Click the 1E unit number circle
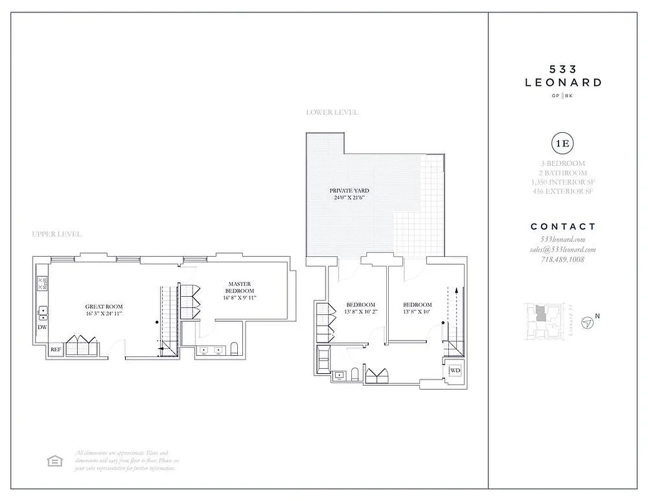(x=562, y=143)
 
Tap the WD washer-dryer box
(x=455, y=371)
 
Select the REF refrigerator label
(x=56, y=349)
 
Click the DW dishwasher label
(x=43, y=327)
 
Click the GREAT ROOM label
(x=103, y=307)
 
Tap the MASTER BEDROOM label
(x=240, y=287)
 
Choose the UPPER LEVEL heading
(x=56, y=234)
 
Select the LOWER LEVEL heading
(x=332, y=113)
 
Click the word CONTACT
(x=563, y=227)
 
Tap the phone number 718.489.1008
(x=562, y=259)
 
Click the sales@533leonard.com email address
(x=562, y=249)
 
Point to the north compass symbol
(x=587, y=323)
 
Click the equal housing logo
(x=56, y=461)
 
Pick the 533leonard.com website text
(x=562, y=240)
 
